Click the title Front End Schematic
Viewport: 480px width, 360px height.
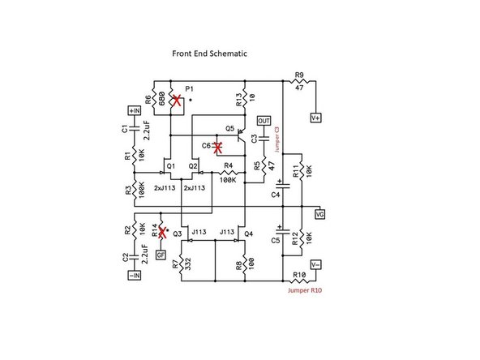(209, 54)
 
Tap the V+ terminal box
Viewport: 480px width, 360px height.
(316, 117)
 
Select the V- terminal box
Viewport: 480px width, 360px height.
(316, 264)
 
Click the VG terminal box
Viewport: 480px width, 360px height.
(319, 214)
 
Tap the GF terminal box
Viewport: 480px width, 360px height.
(161, 255)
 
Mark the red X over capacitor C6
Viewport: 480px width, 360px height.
(216, 148)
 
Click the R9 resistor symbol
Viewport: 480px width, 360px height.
(299, 82)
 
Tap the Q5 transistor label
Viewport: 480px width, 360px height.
(230, 129)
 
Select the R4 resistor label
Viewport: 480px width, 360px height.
(229, 166)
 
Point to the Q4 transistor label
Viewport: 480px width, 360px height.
(248, 234)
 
